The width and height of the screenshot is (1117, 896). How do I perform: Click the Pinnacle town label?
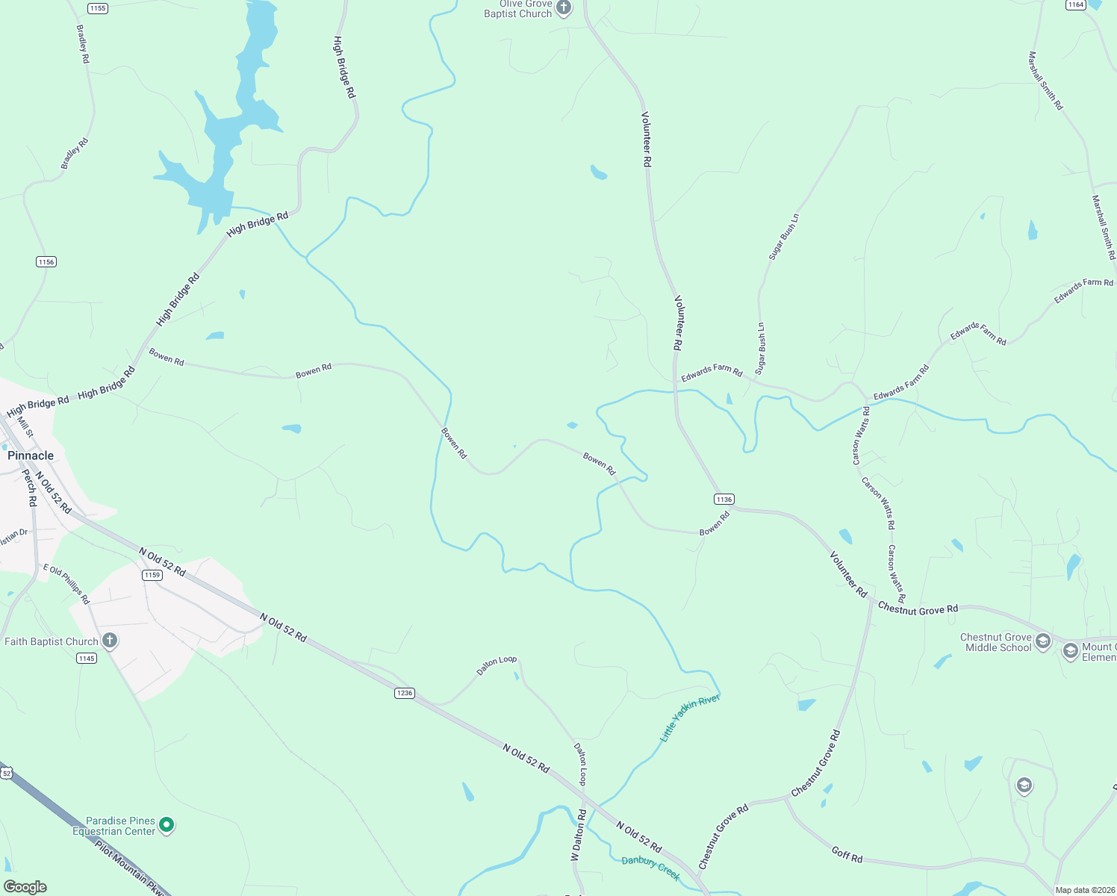click(x=31, y=455)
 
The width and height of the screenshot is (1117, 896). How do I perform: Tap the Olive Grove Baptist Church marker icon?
click(x=564, y=8)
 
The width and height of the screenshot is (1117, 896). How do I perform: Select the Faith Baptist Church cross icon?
click(x=110, y=641)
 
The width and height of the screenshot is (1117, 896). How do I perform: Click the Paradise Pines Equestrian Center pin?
click(x=167, y=824)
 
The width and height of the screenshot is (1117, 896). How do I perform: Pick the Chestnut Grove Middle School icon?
click(x=1043, y=641)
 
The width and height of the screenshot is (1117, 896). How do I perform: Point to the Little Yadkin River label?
click(x=690, y=718)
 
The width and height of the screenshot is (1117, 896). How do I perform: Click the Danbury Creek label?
click(x=650, y=867)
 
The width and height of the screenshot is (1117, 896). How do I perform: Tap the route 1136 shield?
click(x=724, y=499)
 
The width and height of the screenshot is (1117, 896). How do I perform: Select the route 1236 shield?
click(x=404, y=693)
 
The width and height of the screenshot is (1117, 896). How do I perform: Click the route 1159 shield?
click(x=152, y=575)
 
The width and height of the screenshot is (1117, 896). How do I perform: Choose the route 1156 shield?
click(x=46, y=261)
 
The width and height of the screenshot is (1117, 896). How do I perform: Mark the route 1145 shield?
click(x=87, y=658)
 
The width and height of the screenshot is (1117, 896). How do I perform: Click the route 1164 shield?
click(x=1075, y=4)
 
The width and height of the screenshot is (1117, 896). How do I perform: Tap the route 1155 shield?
click(x=97, y=8)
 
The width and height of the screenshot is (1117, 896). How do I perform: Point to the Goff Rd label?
click(x=847, y=854)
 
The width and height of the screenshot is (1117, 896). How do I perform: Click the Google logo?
click(x=25, y=887)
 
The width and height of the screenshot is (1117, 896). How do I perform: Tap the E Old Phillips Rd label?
click(x=66, y=584)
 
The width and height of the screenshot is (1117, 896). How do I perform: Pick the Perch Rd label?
click(x=30, y=488)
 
